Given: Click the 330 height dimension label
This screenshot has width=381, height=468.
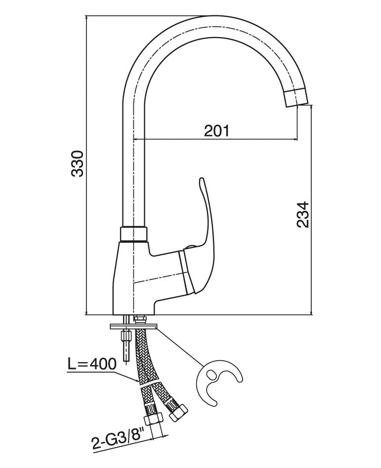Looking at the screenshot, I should (x=78, y=163).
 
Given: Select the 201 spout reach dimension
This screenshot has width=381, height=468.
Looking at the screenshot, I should (x=217, y=131).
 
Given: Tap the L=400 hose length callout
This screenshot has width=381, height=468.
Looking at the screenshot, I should (x=92, y=365).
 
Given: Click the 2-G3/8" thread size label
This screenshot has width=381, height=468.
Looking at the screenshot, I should (x=117, y=437).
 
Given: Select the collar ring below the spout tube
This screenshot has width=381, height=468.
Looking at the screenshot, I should (x=134, y=234).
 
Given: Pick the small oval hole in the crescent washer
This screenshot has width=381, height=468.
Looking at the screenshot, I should (x=212, y=375).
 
